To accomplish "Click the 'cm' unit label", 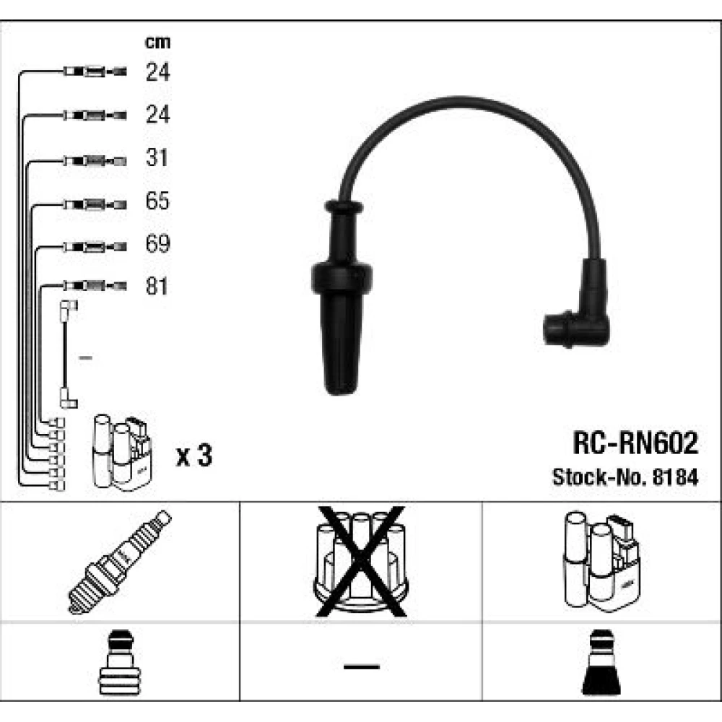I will click(158, 43).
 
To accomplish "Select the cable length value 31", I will click(157, 158).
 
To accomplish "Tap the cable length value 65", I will click(157, 201).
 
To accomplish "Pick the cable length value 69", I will click(157, 244).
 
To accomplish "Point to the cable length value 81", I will click(157, 287).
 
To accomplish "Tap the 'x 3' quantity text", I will click(194, 456).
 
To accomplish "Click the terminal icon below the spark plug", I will click(120, 663).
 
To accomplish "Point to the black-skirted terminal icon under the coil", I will click(601, 663).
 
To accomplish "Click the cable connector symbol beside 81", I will click(95, 287).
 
